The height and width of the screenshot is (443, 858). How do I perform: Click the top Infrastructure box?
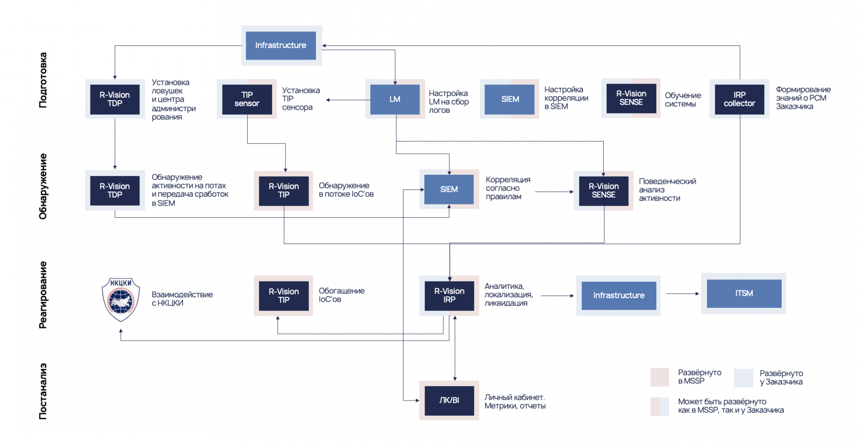point(281,45)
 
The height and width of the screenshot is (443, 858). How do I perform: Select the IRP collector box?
point(739,99)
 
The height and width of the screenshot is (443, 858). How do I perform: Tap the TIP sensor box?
point(247,99)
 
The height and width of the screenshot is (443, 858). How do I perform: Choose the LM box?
point(395,99)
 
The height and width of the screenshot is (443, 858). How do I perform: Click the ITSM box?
point(744,293)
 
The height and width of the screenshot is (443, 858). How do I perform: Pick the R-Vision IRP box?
point(449,296)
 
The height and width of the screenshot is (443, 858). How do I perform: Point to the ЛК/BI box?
point(449,400)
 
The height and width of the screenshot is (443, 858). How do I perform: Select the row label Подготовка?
point(43,80)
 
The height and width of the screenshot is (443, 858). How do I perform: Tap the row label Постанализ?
point(43,391)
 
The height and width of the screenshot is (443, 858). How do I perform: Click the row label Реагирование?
point(43,295)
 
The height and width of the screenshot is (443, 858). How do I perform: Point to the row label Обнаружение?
point(43,186)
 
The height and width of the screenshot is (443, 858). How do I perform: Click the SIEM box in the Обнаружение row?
point(449,189)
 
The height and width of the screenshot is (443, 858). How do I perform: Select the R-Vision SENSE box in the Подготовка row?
point(631,98)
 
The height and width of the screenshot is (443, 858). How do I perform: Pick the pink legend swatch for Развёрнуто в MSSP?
point(659,377)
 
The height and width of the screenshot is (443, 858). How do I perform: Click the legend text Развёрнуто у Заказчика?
point(781,377)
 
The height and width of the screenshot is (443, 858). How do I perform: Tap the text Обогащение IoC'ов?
point(341,295)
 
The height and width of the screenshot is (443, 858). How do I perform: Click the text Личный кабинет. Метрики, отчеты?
point(515,401)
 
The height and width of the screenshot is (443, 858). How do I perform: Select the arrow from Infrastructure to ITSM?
point(682,294)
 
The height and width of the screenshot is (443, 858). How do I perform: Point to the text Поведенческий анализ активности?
point(667,190)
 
